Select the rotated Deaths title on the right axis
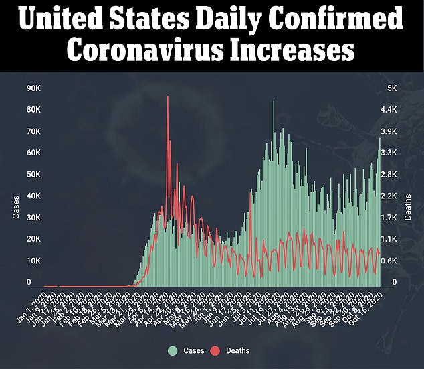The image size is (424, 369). tap(409, 207)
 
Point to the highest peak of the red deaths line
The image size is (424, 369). tap(167, 97)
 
